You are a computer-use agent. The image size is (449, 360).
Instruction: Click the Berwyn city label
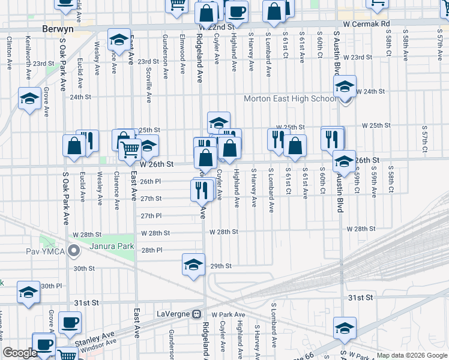[58, 28]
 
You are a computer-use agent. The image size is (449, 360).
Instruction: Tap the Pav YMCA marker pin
[74, 250]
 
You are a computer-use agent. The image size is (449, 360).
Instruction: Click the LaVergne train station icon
[196, 314]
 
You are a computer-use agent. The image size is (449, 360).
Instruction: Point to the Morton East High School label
[290, 98]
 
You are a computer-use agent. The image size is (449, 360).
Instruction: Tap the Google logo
[20, 353]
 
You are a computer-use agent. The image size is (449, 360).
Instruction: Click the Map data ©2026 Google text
[411, 355]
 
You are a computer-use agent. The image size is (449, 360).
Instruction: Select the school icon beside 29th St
[193, 264]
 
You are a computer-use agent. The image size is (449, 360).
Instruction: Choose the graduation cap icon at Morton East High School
[345, 86]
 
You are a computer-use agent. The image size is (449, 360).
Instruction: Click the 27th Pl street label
[151, 216]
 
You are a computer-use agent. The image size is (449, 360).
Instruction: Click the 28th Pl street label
[151, 250]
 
